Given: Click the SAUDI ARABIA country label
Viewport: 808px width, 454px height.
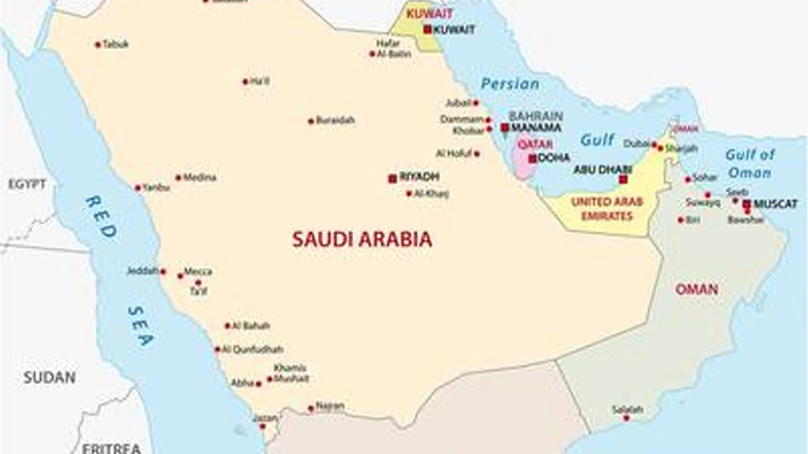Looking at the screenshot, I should coord(362,239).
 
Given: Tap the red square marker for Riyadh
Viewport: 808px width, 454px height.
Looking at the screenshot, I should coord(393,179).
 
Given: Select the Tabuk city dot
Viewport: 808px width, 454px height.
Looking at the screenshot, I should coord(98,44).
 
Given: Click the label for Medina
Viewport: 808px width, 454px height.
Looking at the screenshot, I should coord(199,177).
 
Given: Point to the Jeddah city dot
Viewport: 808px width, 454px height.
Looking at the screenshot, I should coord(163,272).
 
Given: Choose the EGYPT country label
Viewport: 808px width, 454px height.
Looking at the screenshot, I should coord(27,184).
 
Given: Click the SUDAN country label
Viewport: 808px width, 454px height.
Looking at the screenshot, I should coord(49,377).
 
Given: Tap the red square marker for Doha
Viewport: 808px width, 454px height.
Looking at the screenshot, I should coord(533,159).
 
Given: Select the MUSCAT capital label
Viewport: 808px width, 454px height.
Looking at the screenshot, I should coord(775,204).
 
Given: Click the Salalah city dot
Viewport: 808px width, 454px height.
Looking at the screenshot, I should coord(626,418).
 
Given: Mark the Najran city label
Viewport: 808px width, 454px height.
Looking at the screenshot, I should coord(330,406).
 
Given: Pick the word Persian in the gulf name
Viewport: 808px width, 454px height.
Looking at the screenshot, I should coord(510,84).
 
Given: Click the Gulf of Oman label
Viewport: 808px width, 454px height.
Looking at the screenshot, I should coord(750,164).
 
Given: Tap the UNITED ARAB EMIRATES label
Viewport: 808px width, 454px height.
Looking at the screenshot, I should coord(607,209).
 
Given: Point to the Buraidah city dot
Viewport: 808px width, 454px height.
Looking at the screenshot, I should coord(311,121).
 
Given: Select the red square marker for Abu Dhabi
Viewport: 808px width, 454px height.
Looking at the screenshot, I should coord(623,180).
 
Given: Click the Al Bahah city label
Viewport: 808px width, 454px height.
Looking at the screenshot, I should coord(251,326).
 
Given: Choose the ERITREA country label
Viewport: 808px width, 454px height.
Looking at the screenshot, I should coord(111,447).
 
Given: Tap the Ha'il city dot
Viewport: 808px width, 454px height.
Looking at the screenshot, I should coord(245,82).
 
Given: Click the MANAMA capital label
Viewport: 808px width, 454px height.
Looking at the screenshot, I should coord(536,127).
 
